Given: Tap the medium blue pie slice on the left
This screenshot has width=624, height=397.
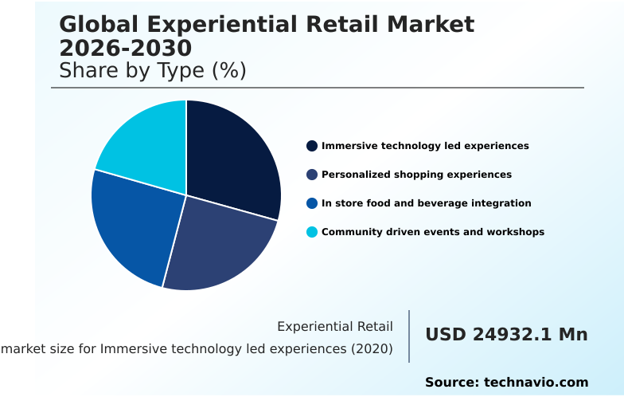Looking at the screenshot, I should (131, 223).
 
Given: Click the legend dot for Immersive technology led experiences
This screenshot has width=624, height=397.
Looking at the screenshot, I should (312, 146).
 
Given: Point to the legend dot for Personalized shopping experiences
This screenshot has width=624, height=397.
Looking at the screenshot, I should (312, 175).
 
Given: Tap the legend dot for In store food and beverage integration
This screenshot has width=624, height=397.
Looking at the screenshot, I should (312, 203).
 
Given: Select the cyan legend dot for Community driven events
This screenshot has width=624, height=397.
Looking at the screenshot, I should (312, 232).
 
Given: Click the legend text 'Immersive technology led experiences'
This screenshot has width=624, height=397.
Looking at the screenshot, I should (425, 146).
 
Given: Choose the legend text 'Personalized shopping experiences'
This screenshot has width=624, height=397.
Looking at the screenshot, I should (416, 175).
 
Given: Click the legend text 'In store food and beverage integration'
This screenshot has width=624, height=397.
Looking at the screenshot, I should (426, 203).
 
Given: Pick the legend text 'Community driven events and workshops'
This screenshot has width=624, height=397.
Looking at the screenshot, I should (433, 232).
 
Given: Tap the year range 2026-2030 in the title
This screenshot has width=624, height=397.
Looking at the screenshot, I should (125, 47).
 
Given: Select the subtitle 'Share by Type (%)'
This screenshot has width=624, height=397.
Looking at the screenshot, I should (153, 71).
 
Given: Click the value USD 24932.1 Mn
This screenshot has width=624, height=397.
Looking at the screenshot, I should (506, 335).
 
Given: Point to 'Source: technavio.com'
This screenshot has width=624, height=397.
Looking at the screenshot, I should (506, 382).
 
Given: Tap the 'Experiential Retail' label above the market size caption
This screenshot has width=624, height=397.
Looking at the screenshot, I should (335, 327).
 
